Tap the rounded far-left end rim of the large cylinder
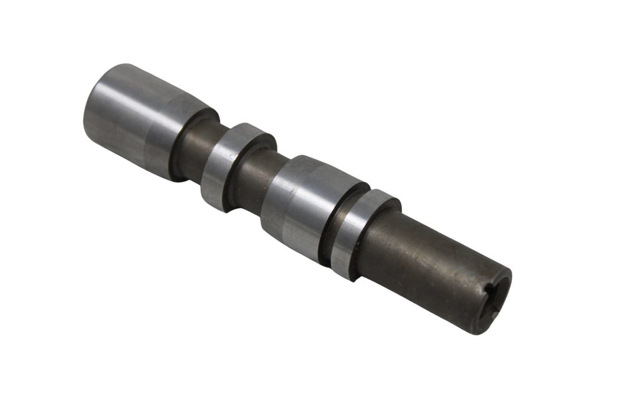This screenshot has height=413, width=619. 93,106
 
